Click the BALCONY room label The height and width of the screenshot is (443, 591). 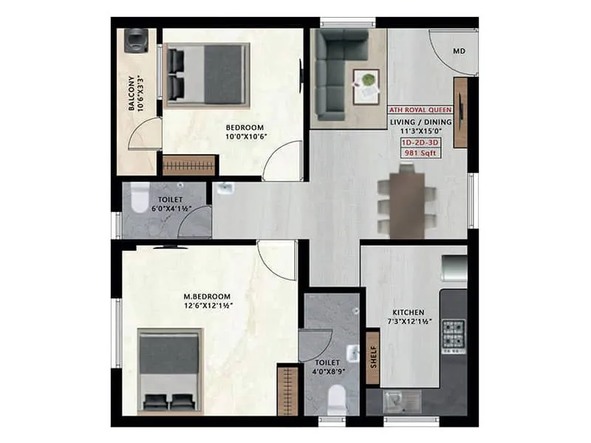pyautogui.click(x=134, y=92)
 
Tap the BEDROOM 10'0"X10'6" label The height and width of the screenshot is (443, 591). pyautogui.click(x=245, y=131)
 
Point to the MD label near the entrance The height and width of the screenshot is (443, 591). pyautogui.click(x=459, y=51)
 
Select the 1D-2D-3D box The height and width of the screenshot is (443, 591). pyautogui.click(x=419, y=141)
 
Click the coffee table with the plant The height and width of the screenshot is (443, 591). pyautogui.click(x=366, y=86)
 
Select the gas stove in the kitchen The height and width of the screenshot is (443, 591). pyautogui.click(x=453, y=337)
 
